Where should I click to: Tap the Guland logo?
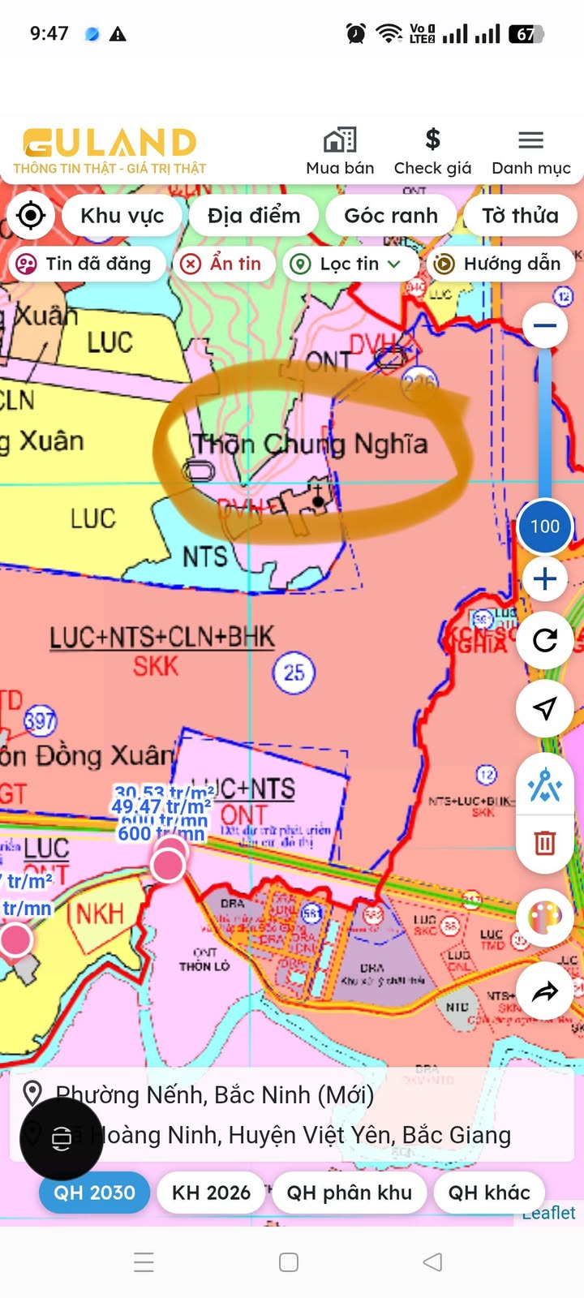point(109,151)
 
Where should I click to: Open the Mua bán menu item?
point(340,151)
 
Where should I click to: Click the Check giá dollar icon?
point(432,140)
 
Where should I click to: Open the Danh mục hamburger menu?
point(530,140)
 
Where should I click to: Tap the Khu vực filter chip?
point(122,216)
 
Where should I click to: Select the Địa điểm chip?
point(253,216)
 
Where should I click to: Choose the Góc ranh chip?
point(390,216)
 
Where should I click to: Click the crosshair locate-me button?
point(31,216)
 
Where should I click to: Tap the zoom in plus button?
point(544,579)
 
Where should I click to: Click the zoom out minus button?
point(544,326)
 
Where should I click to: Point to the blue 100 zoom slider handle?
point(544,527)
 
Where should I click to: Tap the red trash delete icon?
point(544,843)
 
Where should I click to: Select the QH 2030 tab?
point(94,1193)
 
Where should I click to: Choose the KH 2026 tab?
point(211,1193)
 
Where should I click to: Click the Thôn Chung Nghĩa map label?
point(310,444)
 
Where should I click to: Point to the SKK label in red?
point(155,667)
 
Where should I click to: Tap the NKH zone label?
point(100,914)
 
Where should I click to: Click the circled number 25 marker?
point(294,673)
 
